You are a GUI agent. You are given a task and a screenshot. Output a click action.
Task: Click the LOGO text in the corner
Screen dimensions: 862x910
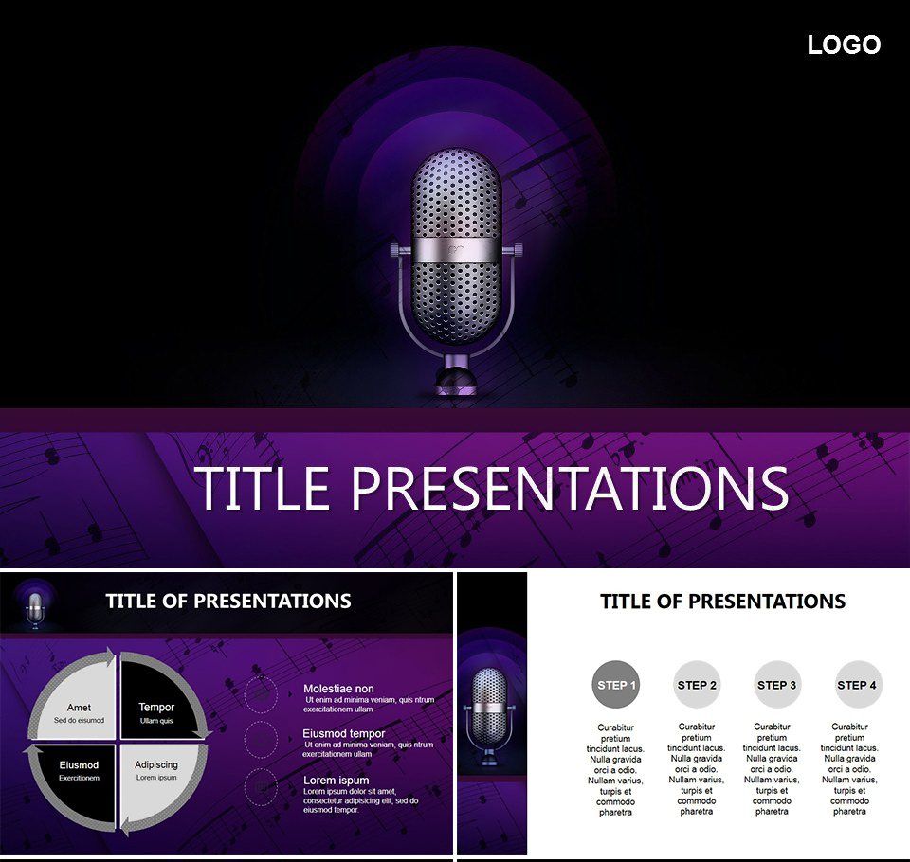(844, 45)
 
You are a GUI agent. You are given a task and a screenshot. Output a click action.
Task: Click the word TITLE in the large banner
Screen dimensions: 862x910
(262, 488)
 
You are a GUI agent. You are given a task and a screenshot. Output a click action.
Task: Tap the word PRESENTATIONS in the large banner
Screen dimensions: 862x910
(570, 488)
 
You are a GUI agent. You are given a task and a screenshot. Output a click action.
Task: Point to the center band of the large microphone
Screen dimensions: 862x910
(455, 250)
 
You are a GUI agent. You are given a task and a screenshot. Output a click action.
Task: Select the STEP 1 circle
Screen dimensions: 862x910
(616, 685)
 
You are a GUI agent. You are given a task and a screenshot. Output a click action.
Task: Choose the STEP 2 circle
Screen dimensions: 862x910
(697, 685)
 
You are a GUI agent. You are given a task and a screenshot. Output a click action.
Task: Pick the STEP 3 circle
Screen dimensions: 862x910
(777, 685)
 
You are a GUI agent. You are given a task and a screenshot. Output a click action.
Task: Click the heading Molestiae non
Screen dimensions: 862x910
(338, 689)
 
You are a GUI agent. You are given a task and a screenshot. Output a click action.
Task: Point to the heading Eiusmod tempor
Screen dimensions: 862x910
(343, 733)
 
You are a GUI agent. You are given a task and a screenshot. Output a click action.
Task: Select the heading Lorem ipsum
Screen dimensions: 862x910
(336, 781)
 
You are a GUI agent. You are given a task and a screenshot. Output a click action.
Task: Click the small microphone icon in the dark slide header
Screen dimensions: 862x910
(34, 607)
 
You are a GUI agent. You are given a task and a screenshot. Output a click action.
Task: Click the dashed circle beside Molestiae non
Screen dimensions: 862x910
(261, 693)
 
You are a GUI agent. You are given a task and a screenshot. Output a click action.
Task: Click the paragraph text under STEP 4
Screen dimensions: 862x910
(850, 769)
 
